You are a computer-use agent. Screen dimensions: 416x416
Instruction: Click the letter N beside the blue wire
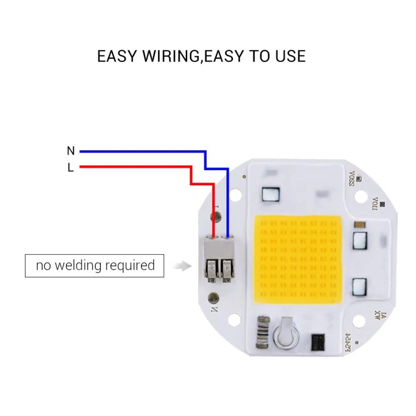71,151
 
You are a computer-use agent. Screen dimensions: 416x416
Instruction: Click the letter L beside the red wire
71,168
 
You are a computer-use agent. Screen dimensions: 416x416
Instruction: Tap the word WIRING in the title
171,56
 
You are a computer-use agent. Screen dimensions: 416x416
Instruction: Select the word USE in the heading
290,56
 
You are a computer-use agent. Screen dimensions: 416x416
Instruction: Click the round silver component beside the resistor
286,335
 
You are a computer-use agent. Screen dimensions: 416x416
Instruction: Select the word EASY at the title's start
117,56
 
